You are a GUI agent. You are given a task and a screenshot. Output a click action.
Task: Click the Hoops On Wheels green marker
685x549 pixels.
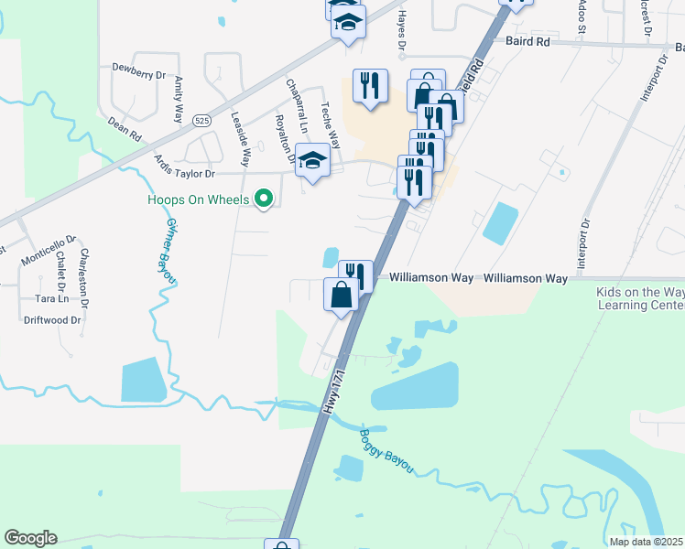click(265, 198)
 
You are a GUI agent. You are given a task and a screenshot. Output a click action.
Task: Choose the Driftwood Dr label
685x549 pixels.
click(53, 320)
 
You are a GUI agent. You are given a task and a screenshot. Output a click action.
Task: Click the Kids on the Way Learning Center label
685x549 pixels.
click(640, 298)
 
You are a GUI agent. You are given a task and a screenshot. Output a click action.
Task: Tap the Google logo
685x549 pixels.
click(30, 538)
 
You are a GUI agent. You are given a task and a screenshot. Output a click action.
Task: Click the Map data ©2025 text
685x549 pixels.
click(646, 542)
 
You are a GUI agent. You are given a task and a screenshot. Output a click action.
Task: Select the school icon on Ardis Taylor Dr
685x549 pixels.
click(313, 160)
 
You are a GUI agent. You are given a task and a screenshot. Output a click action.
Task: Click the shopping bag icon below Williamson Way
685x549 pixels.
click(341, 295)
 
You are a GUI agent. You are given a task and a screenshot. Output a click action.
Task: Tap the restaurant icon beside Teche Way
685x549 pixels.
click(369, 86)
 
